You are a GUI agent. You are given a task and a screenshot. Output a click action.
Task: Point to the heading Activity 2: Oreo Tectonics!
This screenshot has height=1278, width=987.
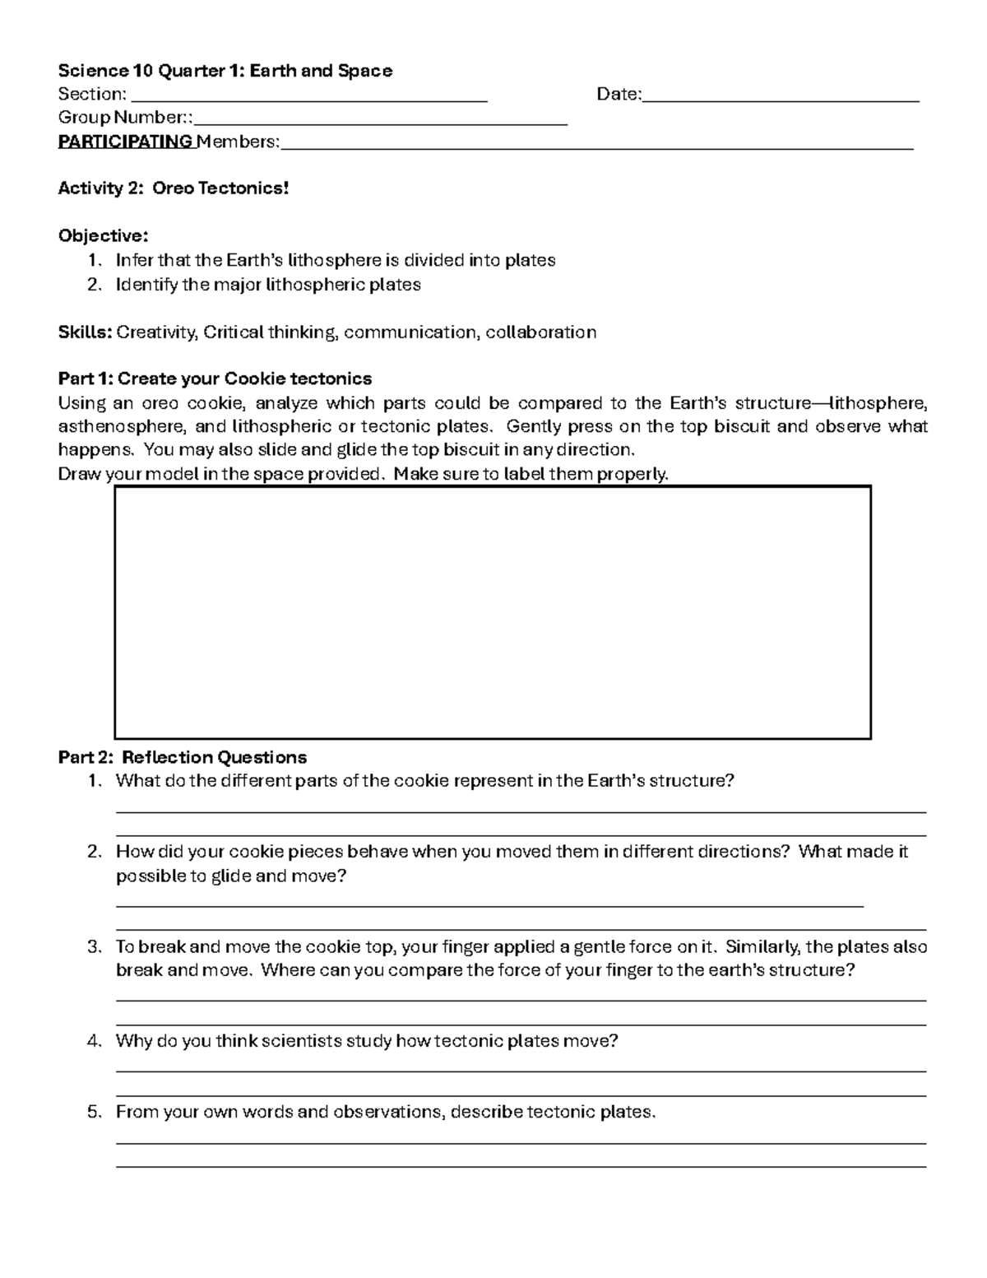pyautogui.click(x=174, y=188)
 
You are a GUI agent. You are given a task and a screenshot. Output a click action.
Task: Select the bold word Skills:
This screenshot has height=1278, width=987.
pyautogui.click(x=85, y=332)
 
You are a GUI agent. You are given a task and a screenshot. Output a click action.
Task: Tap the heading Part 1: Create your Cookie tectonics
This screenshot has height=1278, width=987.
pyautogui.click(x=215, y=379)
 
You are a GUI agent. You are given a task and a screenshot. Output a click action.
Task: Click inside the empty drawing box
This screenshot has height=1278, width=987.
pyautogui.click(x=492, y=612)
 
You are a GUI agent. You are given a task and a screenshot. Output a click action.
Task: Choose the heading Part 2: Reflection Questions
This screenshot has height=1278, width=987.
pyautogui.click(x=183, y=757)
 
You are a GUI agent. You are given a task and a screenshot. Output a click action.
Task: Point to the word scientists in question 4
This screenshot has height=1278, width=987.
pyautogui.click(x=301, y=1041)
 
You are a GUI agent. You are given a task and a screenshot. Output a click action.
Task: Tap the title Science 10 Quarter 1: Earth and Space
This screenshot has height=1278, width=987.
pyautogui.click(x=225, y=71)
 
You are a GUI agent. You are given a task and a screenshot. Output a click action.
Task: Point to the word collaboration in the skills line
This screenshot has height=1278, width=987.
pyautogui.click(x=540, y=332)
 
